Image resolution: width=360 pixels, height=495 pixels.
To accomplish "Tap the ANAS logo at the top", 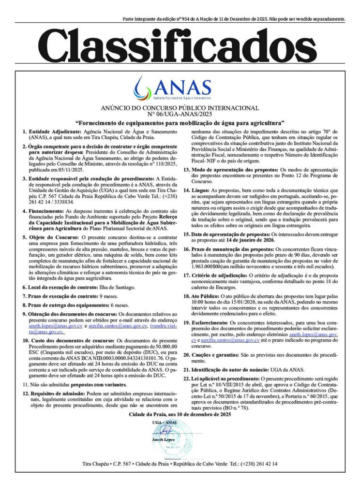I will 180,88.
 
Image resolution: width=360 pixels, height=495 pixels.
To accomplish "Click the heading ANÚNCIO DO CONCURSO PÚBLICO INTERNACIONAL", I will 180,107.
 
